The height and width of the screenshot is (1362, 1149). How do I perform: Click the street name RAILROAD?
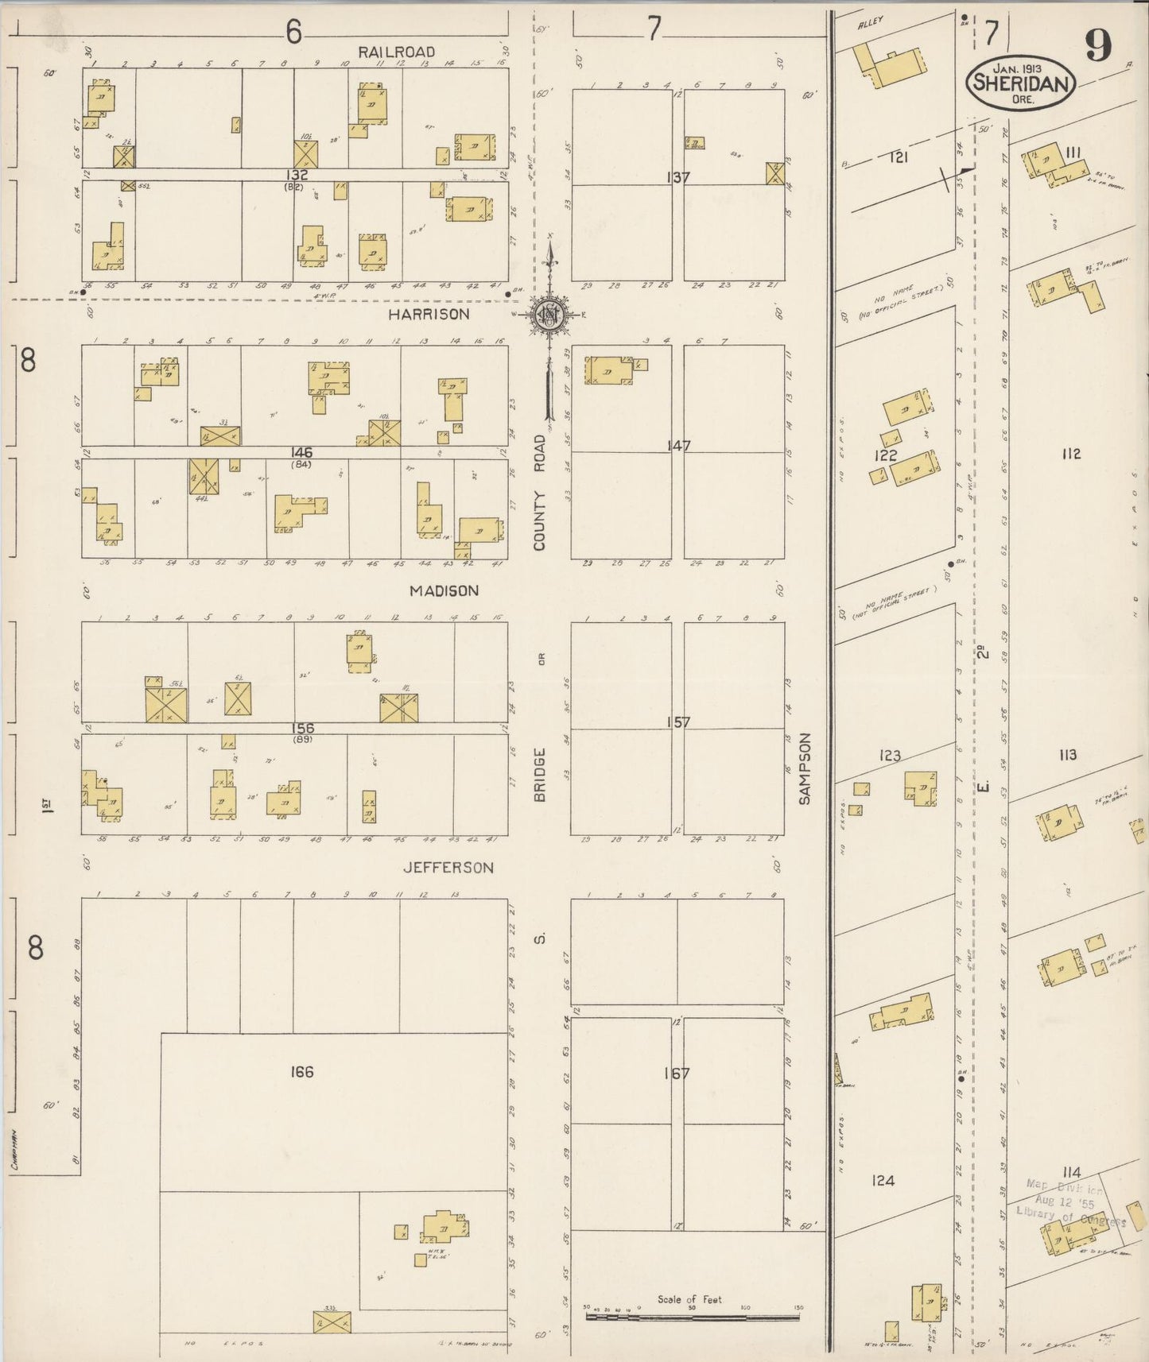click(x=396, y=52)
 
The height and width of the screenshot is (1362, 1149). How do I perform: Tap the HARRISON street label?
click(x=429, y=315)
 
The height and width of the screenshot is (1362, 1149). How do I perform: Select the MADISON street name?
click(x=444, y=590)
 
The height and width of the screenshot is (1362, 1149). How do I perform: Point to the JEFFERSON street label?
click(x=448, y=868)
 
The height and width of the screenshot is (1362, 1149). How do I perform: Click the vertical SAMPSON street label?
click(x=804, y=768)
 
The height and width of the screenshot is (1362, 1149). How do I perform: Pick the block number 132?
click(x=298, y=174)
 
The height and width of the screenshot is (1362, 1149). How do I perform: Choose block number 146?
click(x=301, y=453)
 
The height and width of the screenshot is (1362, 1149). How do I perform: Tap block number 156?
click(x=302, y=728)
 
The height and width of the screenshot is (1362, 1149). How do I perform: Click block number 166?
click(x=302, y=1073)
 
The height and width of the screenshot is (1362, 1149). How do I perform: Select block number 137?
click(x=677, y=177)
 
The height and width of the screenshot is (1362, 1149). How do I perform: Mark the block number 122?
click(x=885, y=456)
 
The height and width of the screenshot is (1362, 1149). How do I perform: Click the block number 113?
click(x=1067, y=755)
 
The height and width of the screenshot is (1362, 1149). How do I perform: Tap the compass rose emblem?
click(x=549, y=315)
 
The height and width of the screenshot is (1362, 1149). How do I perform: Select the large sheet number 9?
click(x=1098, y=48)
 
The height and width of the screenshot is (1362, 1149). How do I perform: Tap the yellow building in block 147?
click(x=610, y=371)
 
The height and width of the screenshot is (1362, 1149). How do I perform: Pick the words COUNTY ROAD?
click(x=541, y=493)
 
